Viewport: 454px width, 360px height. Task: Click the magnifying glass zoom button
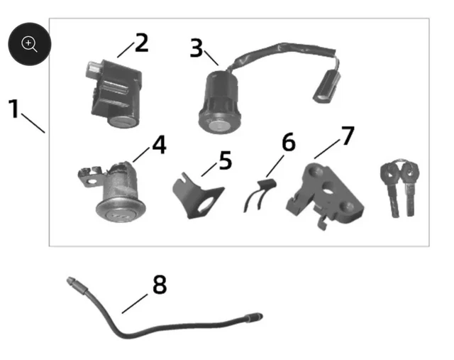pos(30,44)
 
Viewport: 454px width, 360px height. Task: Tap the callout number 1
pos(13,109)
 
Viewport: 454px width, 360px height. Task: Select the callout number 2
pos(142,43)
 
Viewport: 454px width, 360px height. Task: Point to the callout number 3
pos(196,48)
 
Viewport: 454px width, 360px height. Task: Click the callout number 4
pos(160,144)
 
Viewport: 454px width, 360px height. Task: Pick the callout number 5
pos(226,160)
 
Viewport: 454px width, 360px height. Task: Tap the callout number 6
pos(289,142)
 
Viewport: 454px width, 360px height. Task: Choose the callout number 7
pos(348,135)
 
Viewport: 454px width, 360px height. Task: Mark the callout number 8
pos(160,284)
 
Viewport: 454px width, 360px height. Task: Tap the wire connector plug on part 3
pos(326,87)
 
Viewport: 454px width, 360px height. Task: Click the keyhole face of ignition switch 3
pos(219,126)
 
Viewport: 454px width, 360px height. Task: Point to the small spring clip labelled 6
pos(260,195)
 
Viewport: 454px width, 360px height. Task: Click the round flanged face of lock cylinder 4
pos(121,210)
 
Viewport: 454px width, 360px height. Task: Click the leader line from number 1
pos(33,123)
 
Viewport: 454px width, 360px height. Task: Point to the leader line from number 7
pos(327,149)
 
